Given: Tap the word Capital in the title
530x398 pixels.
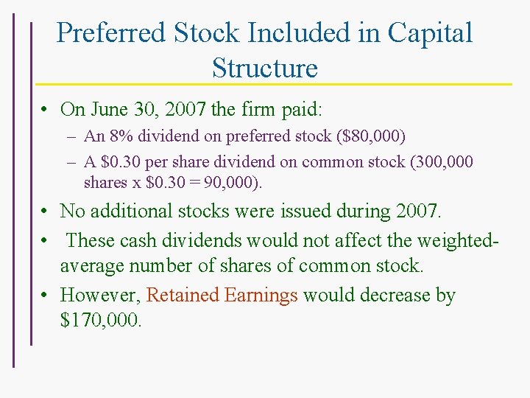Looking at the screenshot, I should (430, 33).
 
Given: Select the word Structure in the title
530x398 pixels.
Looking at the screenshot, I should (264, 68).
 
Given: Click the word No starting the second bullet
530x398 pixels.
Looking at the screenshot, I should (72, 212).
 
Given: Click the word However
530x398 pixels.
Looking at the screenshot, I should (100, 296).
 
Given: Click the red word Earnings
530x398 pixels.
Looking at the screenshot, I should (261, 296).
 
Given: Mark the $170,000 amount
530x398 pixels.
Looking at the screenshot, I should (100, 321).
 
